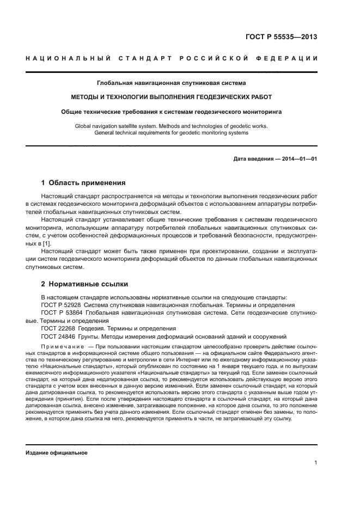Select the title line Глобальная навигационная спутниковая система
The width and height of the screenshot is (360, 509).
[x=171, y=83]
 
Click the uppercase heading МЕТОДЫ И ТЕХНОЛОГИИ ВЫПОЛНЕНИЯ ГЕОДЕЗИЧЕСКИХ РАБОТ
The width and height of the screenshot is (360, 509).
[x=171, y=97]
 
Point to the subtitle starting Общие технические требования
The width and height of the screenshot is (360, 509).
[x=171, y=112]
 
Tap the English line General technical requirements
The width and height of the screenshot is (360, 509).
[x=171, y=132]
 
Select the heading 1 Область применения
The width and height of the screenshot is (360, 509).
[x=83, y=183]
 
